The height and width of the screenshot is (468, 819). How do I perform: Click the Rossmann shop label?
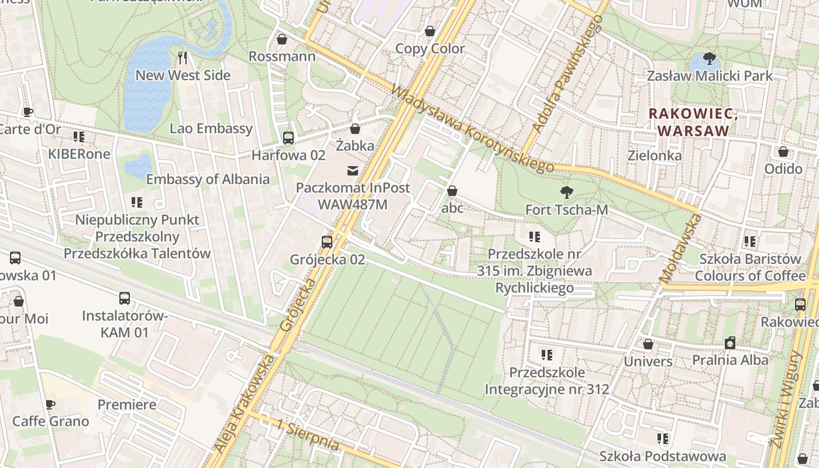click(281, 57)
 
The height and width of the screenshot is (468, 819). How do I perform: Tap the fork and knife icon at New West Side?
click(183, 57)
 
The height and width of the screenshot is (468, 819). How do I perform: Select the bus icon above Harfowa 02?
click(288, 138)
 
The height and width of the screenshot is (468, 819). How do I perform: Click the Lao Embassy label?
click(211, 129)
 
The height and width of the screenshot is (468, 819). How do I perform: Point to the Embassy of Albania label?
click(208, 179)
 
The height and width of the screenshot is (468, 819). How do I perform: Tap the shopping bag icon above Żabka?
click(355, 129)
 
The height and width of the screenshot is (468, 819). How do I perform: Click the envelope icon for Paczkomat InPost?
click(353, 171)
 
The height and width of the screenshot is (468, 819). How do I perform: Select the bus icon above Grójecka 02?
click(327, 242)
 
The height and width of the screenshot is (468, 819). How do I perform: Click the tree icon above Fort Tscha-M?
click(566, 192)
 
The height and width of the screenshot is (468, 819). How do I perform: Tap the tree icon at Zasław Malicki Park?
click(710, 58)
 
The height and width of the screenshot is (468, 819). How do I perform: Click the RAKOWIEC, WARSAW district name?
click(693, 122)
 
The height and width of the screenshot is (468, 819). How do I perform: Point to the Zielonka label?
click(654, 156)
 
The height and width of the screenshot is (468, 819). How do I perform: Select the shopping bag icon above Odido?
click(783, 152)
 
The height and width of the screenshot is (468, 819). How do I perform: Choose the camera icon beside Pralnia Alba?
click(730, 343)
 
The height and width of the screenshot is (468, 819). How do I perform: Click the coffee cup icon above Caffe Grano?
click(51, 404)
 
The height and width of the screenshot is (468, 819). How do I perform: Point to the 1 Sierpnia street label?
click(308, 435)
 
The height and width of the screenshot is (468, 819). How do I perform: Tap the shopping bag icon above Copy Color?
click(430, 31)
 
